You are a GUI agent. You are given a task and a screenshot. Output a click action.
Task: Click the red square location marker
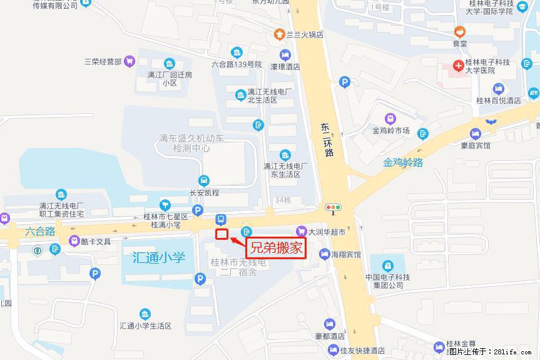[x=221, y=235]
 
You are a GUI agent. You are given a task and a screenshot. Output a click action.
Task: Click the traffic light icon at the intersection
[x=332, y=207]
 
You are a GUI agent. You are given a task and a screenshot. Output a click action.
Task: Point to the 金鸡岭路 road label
[x=404, y=163]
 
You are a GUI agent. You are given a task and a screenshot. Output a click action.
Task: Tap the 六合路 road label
[x=41, y=231]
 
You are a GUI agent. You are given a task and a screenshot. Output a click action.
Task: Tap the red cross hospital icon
[x=459, y=64]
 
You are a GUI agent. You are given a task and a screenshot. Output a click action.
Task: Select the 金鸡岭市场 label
[x=390, y=131]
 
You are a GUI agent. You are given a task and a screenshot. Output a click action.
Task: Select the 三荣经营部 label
[x=103, y=61]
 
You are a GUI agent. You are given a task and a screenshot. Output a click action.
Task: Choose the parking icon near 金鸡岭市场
[x=344, y=82]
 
